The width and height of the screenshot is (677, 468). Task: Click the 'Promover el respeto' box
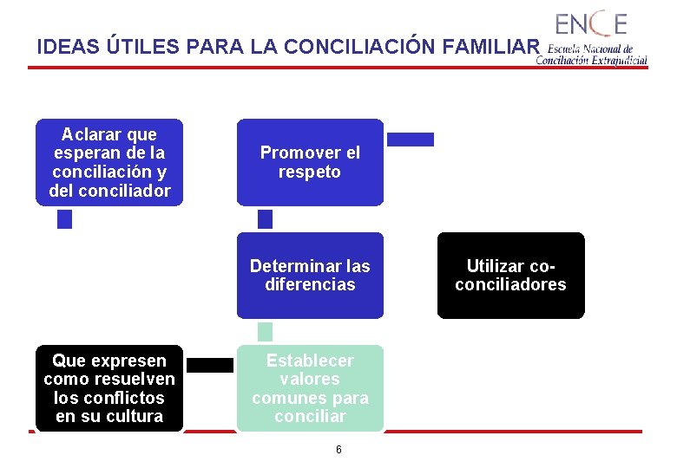tap(310, 162)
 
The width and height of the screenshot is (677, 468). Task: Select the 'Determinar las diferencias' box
tap(310, 275)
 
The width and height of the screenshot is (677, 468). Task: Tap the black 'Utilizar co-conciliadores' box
tap(510, 275)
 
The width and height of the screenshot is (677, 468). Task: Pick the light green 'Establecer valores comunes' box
tap(310, 388)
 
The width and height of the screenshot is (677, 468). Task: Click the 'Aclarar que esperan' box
tap(109, 162)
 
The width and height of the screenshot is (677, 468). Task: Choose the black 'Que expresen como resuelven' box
tap(109, 388)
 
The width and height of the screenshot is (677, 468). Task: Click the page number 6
tap(338, 449)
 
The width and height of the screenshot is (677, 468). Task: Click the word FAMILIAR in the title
tap(490, 47)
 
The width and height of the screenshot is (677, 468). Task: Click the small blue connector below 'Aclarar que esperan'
tap(64, 219)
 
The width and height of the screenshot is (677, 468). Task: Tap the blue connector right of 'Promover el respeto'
tap(410, 139)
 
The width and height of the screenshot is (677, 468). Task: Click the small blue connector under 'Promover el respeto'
tap(266, 218)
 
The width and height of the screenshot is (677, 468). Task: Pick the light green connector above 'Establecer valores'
tap(266, 331)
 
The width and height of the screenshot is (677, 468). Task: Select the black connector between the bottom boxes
tap(210, 365)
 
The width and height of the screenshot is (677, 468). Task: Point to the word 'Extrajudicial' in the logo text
tap(617, 61)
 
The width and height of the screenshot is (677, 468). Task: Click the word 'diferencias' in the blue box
tap(310, 284)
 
